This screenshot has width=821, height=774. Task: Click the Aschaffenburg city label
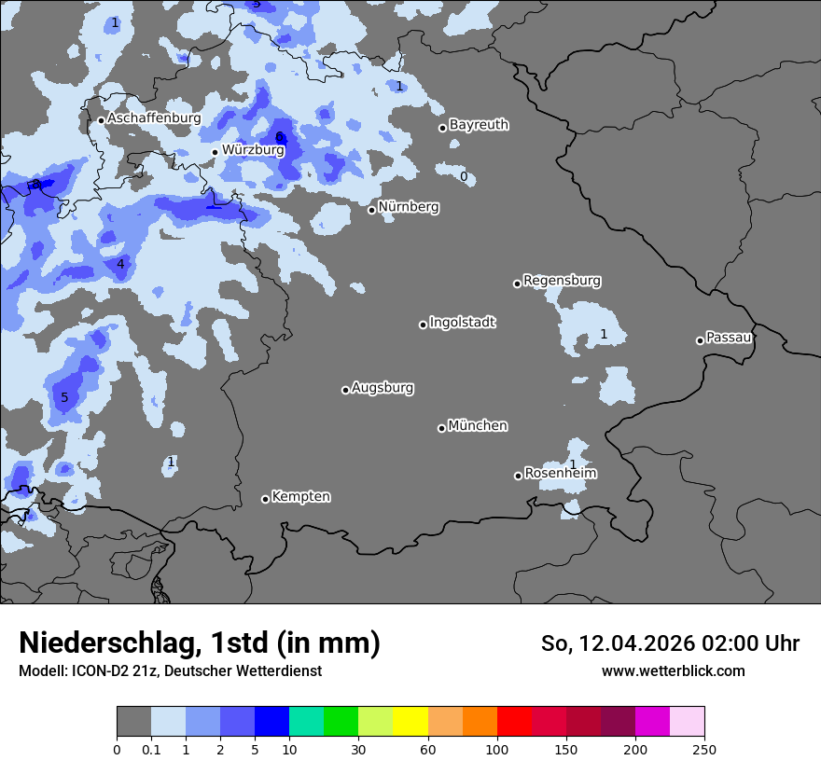click(x=154, y=118)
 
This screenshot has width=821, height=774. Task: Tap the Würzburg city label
click(x=253, y=149)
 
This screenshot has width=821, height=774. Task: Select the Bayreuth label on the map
click(x=479, y=125)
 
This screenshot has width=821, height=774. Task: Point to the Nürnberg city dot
click(x=371, y=210)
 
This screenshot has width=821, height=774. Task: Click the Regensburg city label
click(x=562, y=281)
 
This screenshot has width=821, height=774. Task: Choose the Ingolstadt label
click(x=462, y=323)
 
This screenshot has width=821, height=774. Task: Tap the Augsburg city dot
click(x=345, y=390)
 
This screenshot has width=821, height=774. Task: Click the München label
click(x=478, y=426)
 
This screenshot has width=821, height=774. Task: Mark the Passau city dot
click(x=700, y=340)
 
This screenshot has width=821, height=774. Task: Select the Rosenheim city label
click(x=560, y=474)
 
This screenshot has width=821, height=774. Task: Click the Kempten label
click(x=300, y=497)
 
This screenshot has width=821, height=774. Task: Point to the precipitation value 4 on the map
click(x=120, y=265)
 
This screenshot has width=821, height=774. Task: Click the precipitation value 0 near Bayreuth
click(x=464, y=176)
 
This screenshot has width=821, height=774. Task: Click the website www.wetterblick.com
click(x=673, y=671)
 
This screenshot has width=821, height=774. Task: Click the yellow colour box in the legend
click(x=410, y=722)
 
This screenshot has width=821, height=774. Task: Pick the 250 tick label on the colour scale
click(x=704, y=749)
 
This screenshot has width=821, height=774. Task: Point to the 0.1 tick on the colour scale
click(x=151, y=749)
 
